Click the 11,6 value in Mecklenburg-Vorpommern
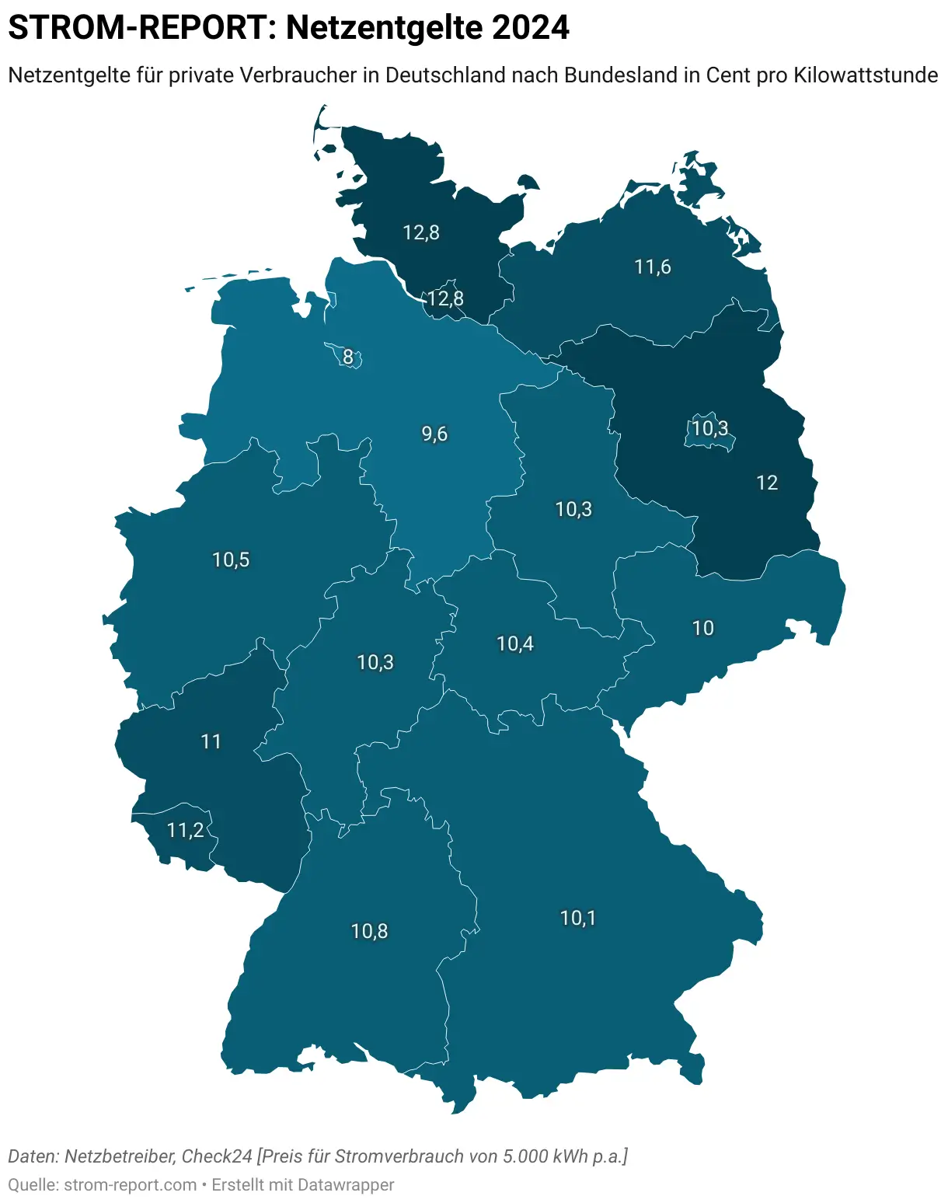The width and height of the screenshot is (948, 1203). pyautogui.click(x=652, y=267)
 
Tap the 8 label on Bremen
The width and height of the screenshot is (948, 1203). pyautogui.click(x=348, y=357)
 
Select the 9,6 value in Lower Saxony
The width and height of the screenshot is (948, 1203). pyautogui.click(x=434, y=434)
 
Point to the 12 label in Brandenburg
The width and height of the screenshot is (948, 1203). pyautogui.click(x=766, y=483)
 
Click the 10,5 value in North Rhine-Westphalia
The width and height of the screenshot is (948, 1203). pyautogui.click(x=231, y=560)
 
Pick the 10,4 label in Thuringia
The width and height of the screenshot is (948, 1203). pyautogui.click(x=514, y=643)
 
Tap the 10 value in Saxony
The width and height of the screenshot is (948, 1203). pyautogui.click(x=702, y=628)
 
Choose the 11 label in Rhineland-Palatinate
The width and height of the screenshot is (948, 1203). pyautogui.click(x=211, y=742)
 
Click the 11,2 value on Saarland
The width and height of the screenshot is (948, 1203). pyautogui.click(x=185, y=831)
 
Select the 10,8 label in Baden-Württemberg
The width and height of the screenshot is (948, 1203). pyautogui.click(x=369, y=931)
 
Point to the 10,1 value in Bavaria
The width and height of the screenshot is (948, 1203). pyautogui.click(x=577, y=919)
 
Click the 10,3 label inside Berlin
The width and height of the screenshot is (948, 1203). pyautogui.click(x=710, y=428)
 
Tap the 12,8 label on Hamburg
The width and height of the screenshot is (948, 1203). pyautogui.click(x=445, y=298)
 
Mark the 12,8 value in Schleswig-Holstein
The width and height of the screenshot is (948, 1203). pyautogui.click(x=421, y=232)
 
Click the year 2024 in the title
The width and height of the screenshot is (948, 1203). pyautogui.click(x=531, y=28)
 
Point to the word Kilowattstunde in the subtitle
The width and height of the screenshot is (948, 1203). pyautogui.click(x=866, y=75)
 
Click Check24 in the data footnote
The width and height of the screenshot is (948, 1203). pyautogui.click(x=217, y=1156)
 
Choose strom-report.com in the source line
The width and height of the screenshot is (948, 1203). pyautogui.click(x=131, y=1185)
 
